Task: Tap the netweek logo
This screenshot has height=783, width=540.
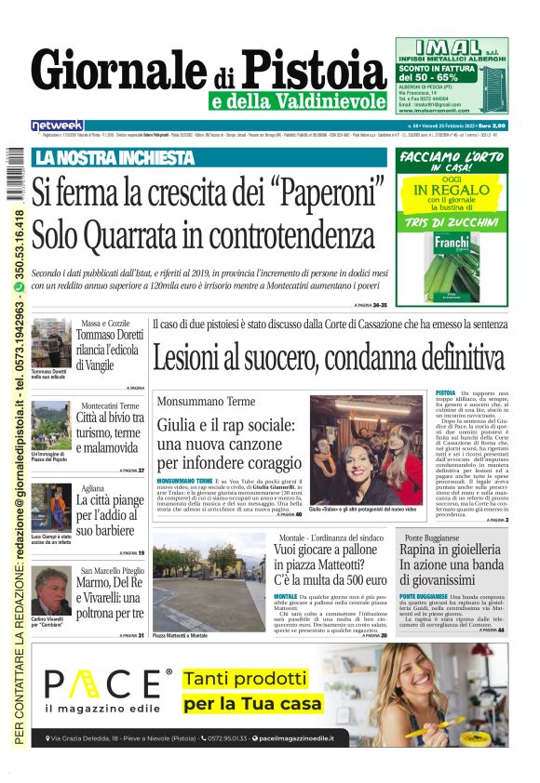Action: tap(58, 125)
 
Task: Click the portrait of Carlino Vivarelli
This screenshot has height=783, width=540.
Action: tap(52, 591)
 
